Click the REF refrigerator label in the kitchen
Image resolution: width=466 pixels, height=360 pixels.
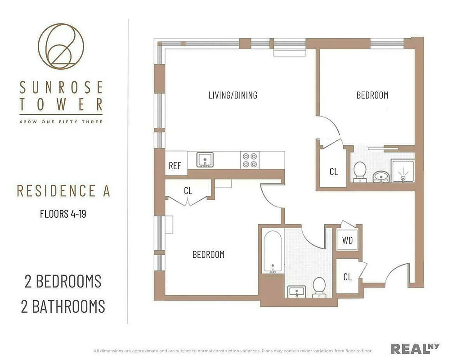tap(175, 166)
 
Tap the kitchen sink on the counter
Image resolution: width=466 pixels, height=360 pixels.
tap(205, 160)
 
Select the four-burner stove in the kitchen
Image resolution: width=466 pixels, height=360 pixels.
tap(250, 160)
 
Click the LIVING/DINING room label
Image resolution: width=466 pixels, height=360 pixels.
tap(233, 95)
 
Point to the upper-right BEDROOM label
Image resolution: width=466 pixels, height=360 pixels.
tap(372, 95)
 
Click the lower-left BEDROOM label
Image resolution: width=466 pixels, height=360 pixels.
tap(208, 255)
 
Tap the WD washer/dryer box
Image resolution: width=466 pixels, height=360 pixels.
tap(347, 240)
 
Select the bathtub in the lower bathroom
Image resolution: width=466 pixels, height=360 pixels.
tap(273, 252)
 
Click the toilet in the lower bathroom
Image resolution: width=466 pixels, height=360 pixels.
tap(319, 287)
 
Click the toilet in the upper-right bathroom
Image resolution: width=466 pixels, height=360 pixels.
tap(359, 171)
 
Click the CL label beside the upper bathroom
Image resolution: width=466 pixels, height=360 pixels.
tap(333, 172)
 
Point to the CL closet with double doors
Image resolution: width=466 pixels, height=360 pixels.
tap(188, 191)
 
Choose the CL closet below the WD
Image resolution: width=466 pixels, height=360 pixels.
tap(347, 277)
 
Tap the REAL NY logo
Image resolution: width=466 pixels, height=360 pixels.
tap(415, 348)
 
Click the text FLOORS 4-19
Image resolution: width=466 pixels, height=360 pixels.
tap(63, 214)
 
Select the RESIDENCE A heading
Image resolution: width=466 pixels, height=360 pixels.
tap(63, 191)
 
